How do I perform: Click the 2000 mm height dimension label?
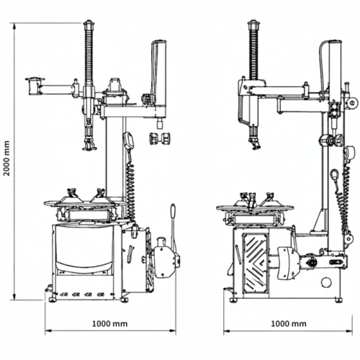coord(7,158)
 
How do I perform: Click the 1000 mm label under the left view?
coord(110,324)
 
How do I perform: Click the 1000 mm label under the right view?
coord(289,324)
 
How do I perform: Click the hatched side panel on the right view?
coord(255,263)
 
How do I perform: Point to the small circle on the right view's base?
coord(326,282)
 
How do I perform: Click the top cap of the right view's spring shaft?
coord(254,24)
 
